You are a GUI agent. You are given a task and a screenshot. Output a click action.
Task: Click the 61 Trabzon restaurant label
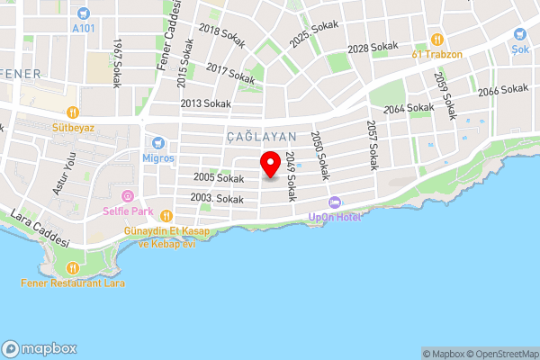pyautogui.click(x=437, y=53)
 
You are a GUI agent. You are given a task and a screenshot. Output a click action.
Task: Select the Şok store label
pyautogui.click(x=520, y=50)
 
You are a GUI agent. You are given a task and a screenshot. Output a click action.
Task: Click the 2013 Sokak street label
pyautogui.click(x=205, y=103)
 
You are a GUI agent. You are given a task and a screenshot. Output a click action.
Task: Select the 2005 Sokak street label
pyautogui.click(x=218, y=178)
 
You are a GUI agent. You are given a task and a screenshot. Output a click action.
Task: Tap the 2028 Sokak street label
pyautogui.click(x=372, y=47)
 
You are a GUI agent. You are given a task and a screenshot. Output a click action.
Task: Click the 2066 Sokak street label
pyautogui.click(x=502, y=90)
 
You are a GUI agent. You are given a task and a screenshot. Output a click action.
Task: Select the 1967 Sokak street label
pyautogui.click(x=117, y=63)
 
